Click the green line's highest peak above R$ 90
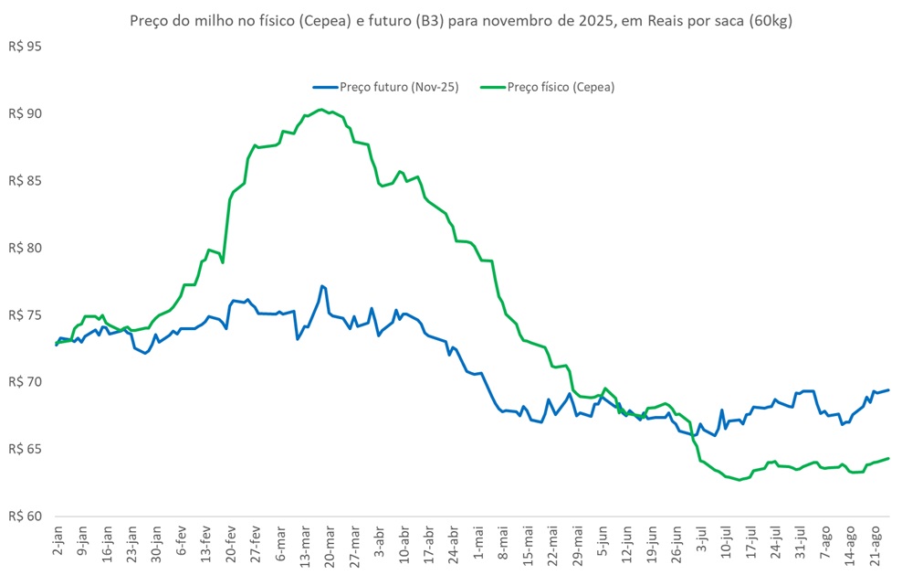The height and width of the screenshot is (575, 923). (x=320, y=110)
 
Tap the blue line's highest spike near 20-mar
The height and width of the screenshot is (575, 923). (x=322, y=286)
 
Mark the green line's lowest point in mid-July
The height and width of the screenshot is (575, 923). (x=739, y=480)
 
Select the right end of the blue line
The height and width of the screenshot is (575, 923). (x=889, y=390)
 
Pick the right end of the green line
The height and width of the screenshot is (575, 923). (x=889, y=458)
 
